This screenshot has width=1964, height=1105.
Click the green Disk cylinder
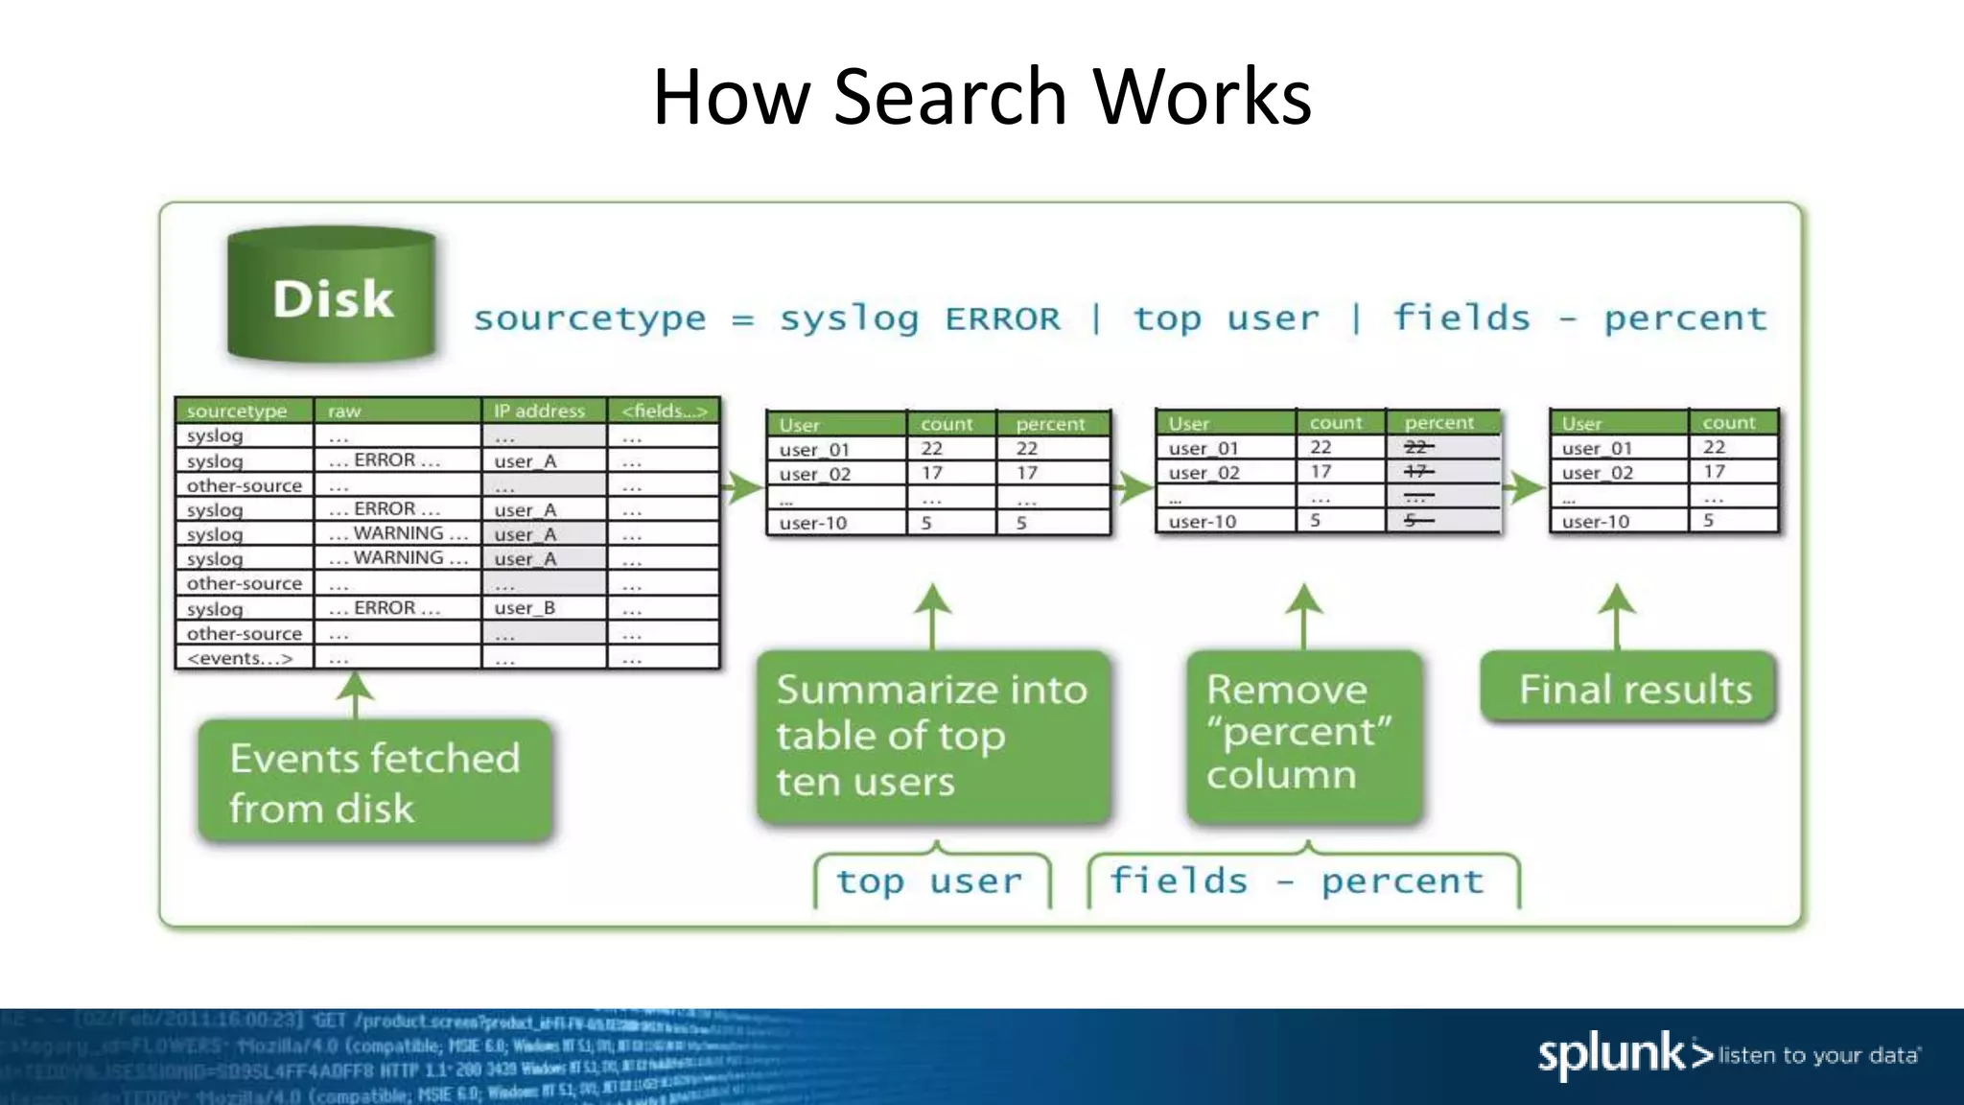332,295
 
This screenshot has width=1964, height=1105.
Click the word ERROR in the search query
1002,318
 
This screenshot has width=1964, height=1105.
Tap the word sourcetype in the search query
590,318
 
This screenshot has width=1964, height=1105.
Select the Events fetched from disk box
374,782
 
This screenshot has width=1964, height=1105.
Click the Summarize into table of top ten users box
932,736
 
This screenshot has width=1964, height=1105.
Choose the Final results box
1629,689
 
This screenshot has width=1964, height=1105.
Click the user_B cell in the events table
525,608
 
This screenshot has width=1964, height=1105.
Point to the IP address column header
539,411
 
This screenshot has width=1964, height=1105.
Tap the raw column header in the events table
344,411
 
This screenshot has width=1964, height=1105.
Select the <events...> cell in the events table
240,658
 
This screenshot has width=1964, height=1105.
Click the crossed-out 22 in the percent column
1417,447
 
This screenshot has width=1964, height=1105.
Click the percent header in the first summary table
1050,424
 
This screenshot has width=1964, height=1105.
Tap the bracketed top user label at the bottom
929,881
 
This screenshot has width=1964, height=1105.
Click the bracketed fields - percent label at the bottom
1297,881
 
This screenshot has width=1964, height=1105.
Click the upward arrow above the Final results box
1617,614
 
